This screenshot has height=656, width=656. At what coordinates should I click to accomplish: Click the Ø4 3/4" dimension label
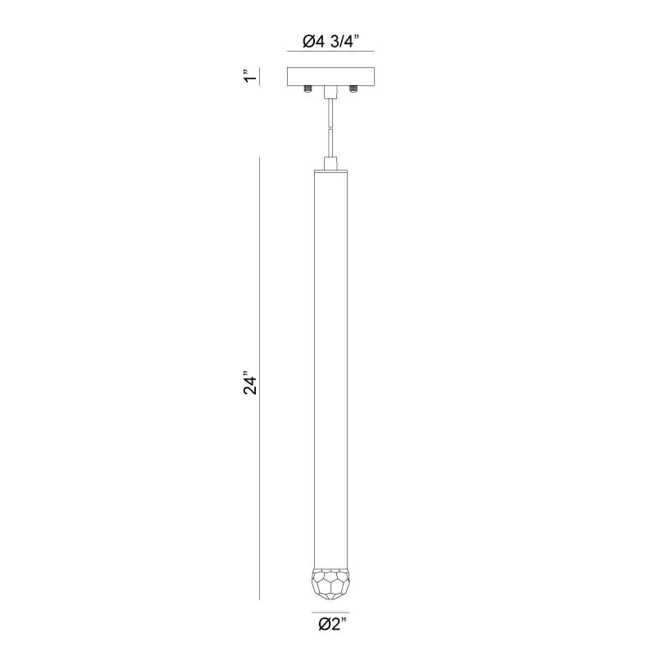point(330,42)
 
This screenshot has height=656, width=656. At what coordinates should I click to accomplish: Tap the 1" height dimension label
point(250,76)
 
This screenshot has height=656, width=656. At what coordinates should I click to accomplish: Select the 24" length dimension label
point(250,382)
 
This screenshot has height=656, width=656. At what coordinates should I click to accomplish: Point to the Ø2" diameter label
point(333,624)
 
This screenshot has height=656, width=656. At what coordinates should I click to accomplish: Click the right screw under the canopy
point(353,89)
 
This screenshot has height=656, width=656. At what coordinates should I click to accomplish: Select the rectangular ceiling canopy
point(330,76)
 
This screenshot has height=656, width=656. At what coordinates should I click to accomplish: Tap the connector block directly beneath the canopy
point(330,92)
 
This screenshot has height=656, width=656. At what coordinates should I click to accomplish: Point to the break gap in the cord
point(330,129)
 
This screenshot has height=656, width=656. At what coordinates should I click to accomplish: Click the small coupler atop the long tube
point(330,163)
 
